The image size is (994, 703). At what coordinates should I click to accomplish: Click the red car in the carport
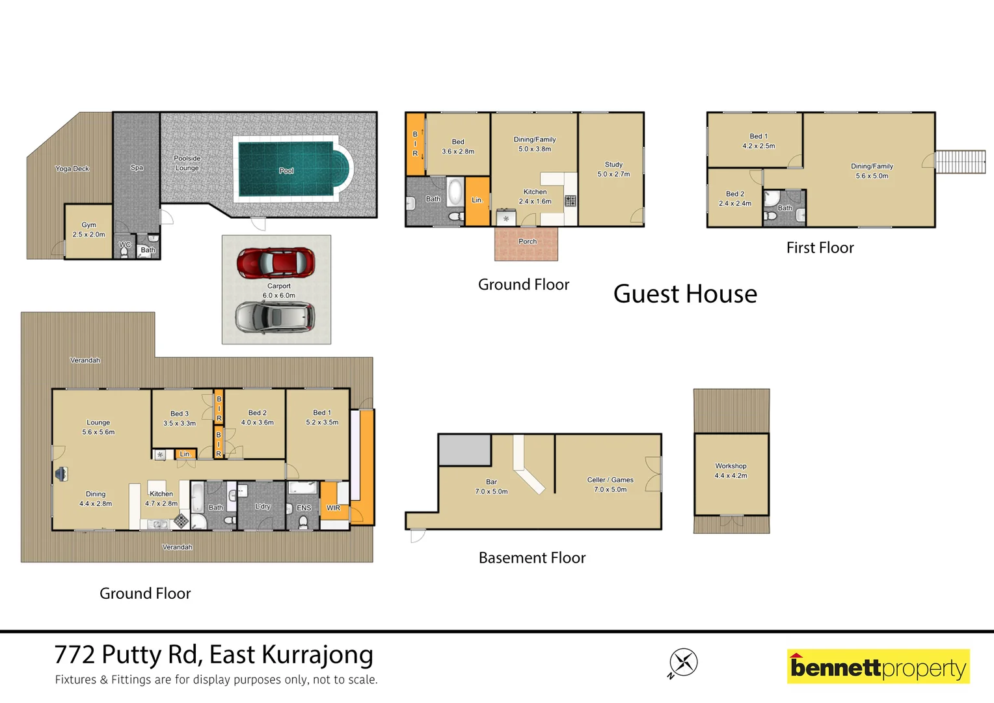[x=276, y=262]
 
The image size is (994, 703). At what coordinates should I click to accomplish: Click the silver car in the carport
[x=275, y=318]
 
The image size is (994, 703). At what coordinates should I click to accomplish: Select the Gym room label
[x=88, y=225]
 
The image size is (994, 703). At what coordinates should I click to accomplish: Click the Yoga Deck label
[x=72, y=169]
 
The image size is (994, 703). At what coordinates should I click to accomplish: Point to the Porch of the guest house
[x=526, y=243]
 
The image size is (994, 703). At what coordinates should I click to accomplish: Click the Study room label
[x=613, y=165]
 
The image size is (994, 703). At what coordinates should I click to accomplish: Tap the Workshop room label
[x=731, y=467]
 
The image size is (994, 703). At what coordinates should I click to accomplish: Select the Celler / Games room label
[x=610, y=480]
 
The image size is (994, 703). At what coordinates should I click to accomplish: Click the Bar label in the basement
[x=491, y=482]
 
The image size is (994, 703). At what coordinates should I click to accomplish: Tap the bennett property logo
[x=878, y=667]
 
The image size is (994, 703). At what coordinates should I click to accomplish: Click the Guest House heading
[x=685, y=294]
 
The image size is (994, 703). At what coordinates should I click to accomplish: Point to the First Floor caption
[x=820, y=248]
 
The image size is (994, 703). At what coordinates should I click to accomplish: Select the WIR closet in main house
[x=333, y=508]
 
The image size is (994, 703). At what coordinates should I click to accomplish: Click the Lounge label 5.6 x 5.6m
[x=98, y=423]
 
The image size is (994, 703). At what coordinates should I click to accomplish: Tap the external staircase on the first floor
[x=960, y=161]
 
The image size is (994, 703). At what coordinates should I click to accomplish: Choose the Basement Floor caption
[x=531, y=558]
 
